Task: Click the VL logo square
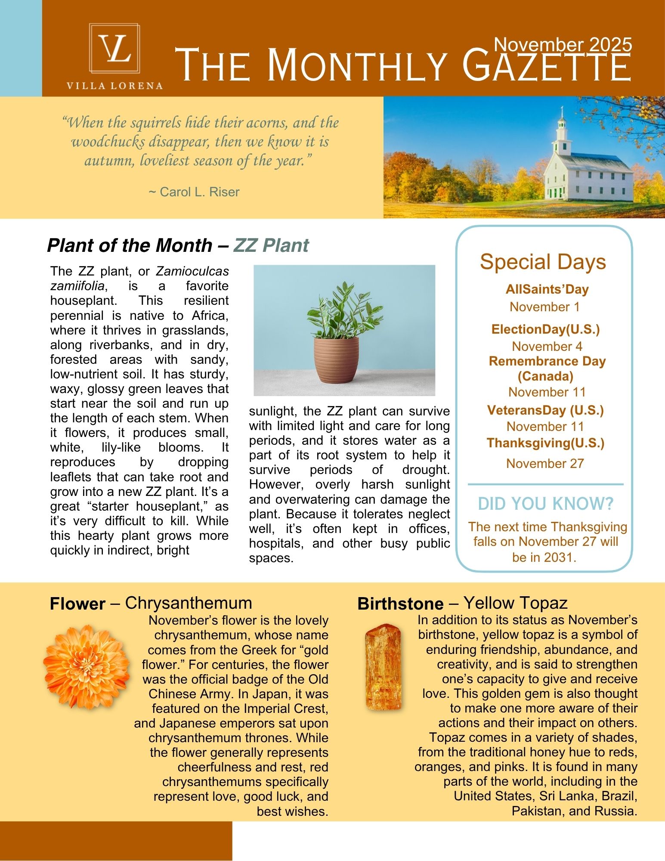click(x=114, y=48)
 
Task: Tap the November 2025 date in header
click(x=563, y=44)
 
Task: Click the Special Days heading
click(x=543, y=262)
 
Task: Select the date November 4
click(x=547, y=346)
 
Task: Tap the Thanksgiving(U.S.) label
click(x=545, y=443)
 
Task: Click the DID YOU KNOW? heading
click(x=545, y=503)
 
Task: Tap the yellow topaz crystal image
click(x=383, y=667)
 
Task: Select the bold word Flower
click(x=77, y=604)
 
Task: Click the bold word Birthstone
click(x=400, y=604)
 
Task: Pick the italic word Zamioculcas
click(x=192, y=271)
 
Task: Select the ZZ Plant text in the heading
click(x=271, y=245)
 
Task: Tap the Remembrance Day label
click(x=547, y=361)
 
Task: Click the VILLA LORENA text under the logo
click(x=114, y=86)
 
